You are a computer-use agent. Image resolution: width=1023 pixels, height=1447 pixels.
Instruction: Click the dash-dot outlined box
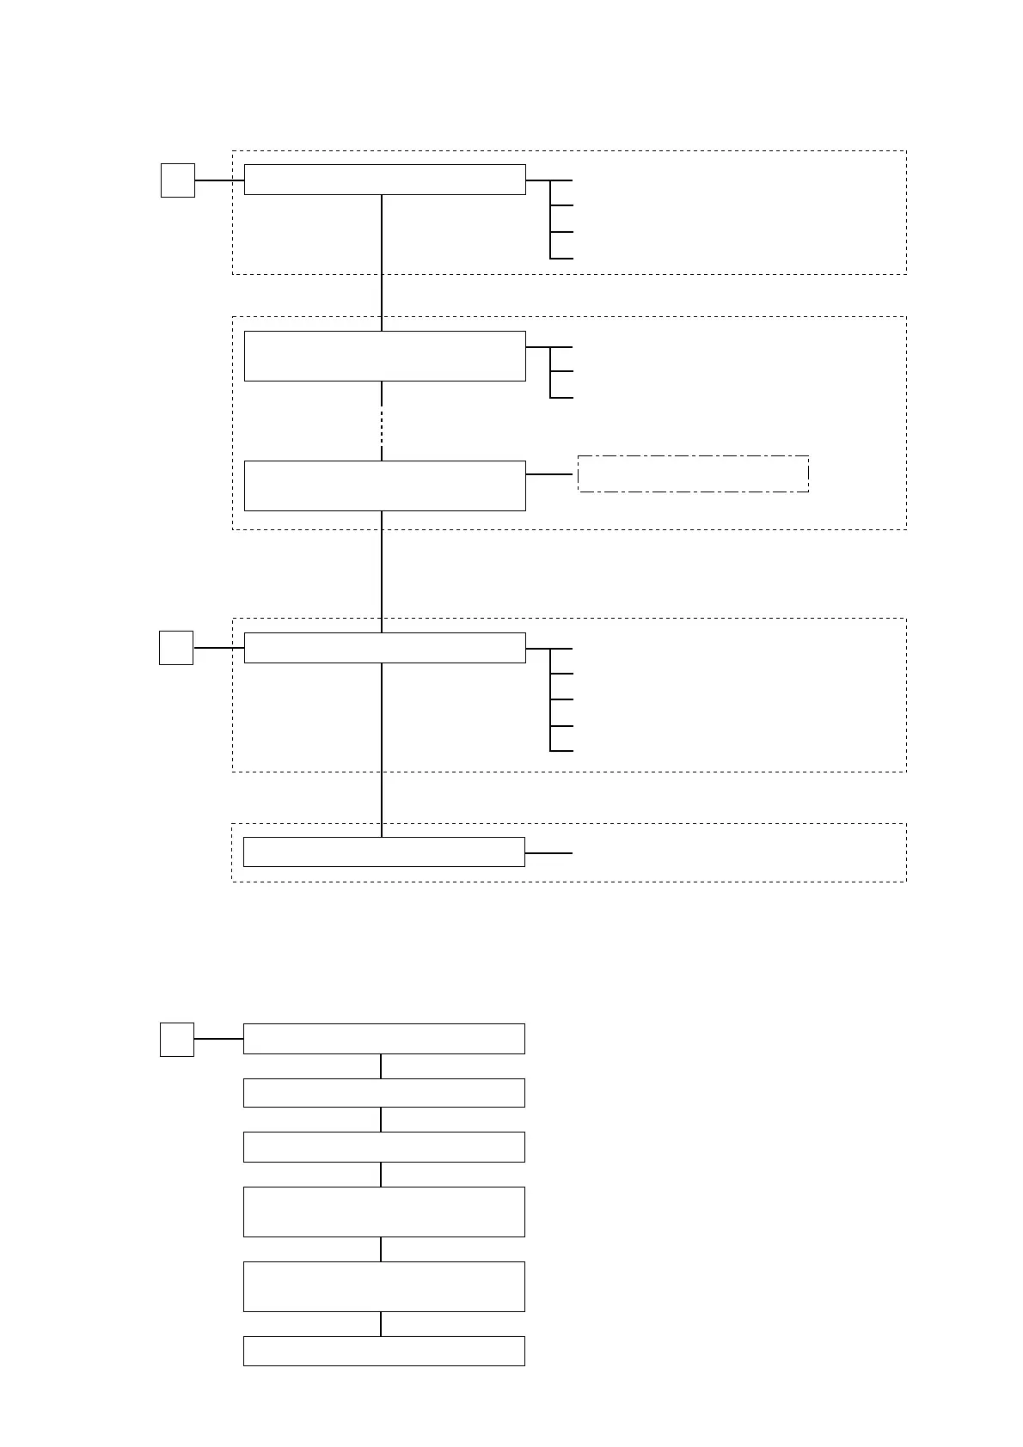(693, 473)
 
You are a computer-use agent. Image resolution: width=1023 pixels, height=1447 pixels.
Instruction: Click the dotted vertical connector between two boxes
(382, 421)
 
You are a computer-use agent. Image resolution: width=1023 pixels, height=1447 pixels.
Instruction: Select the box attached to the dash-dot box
(384, 485)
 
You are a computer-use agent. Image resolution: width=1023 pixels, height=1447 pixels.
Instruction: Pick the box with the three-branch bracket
(384, 356)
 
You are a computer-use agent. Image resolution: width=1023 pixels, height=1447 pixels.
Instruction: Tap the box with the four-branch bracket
(384, 180)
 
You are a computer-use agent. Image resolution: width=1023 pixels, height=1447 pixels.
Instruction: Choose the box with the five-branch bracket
(384, 648)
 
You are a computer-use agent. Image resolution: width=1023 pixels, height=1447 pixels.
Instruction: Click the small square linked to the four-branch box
(178, 180)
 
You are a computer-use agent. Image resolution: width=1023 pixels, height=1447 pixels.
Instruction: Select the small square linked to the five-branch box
(176, 648)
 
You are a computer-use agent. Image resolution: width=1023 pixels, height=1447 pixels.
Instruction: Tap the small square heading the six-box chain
(177, 1039)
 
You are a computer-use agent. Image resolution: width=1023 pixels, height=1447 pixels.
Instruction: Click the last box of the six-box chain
(383, 1351)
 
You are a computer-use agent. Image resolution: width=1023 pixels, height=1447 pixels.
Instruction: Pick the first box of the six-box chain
(383, 1039)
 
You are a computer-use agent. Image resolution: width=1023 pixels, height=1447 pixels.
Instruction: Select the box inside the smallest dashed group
(383, 852)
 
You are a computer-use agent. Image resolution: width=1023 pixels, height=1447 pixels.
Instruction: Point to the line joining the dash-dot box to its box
(550, 473)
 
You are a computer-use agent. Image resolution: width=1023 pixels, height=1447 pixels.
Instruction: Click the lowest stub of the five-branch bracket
(561, 751)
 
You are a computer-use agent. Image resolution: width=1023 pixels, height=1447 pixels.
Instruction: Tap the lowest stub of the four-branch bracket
(561, 258)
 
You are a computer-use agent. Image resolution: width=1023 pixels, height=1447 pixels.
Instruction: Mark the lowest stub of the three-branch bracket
(561, 398)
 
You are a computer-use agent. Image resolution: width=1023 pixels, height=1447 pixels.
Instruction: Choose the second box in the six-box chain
(383, 1093)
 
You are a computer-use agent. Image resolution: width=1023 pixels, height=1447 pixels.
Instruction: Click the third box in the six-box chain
(383, 1147)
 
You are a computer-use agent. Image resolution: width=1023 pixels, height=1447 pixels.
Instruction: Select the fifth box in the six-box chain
(383, 1286)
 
